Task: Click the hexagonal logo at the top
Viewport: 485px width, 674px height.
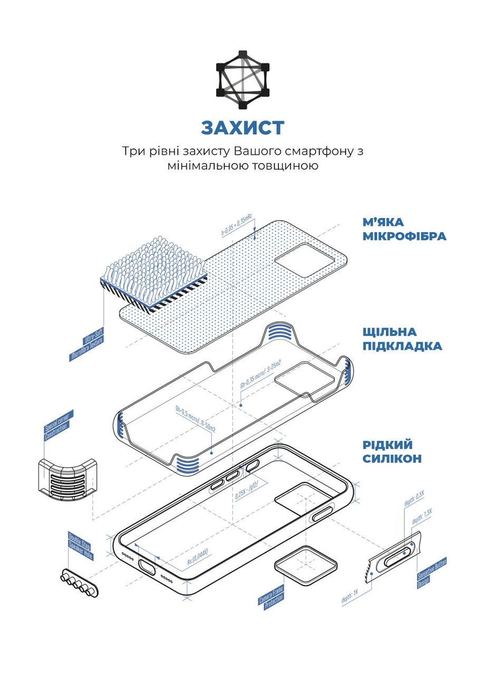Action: pos(242,80)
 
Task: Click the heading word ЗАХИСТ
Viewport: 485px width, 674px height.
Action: pos(242,127)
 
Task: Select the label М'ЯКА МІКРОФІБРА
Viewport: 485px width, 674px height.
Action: pos(404,229)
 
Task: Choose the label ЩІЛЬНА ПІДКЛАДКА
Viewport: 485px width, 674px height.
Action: pos(402,339)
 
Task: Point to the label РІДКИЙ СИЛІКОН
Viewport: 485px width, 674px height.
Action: pos(392,451)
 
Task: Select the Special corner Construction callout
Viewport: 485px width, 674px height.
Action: pos(59,426)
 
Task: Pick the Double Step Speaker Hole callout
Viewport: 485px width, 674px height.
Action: pos(81,547)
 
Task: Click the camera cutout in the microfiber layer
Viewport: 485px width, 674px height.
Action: pos(307,261)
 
